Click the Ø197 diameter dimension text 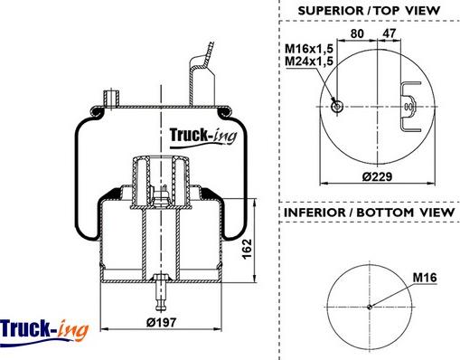click(161, 323)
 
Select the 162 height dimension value click(247, 249)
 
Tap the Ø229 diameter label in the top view click(377, 176)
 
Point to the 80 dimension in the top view click(357, 33)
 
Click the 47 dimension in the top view click(390, 33)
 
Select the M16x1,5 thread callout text click(309, 48)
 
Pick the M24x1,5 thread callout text click(309, 62)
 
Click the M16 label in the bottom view click(425, 278)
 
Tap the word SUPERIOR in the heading click(331, 11)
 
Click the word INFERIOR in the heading click(314, 213)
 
